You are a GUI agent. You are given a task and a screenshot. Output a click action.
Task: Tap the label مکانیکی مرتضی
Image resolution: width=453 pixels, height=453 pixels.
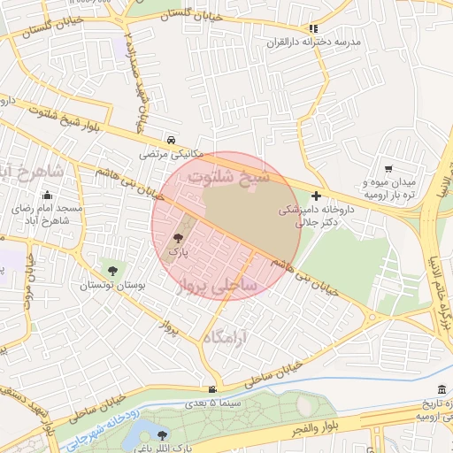click(171, 153)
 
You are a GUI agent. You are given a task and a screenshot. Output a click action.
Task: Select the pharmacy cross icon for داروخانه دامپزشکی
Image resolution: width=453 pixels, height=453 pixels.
click(316, 196)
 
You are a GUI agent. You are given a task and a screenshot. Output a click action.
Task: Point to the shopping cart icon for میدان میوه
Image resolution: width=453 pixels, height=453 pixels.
click(388, 169)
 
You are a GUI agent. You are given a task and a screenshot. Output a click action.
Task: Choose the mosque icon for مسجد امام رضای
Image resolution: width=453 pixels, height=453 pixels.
click(46, 196)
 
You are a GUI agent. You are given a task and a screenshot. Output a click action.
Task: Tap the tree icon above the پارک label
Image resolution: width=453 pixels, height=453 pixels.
click(179, 237)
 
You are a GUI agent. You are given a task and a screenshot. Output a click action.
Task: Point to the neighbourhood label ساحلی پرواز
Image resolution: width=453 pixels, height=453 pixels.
click(217, 286)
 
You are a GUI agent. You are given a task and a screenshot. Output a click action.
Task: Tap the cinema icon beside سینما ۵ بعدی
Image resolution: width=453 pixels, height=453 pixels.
click(211, 389)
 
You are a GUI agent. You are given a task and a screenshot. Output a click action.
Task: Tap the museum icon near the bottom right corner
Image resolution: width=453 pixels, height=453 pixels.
click(441, 390)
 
